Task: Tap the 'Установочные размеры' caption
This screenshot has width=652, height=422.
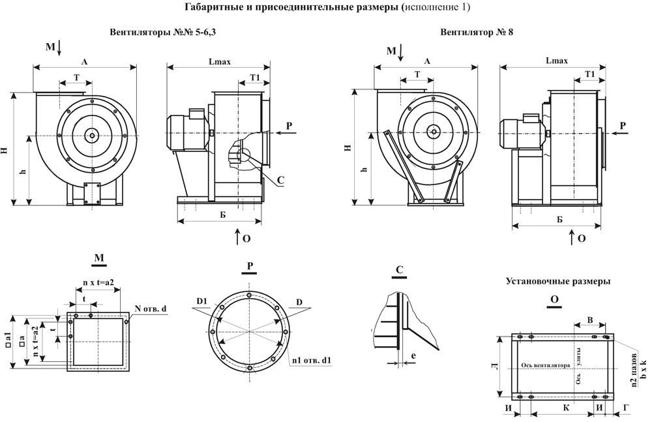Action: pyautogui.click(x=557, y=282)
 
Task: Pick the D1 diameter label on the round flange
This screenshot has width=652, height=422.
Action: pyautogui.click(x=201, y=300)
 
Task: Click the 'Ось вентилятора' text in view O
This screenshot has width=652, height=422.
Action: pyautogui.click(x=542, y=365)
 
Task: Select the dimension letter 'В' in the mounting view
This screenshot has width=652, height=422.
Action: pyautogui.click(x=590, y=320)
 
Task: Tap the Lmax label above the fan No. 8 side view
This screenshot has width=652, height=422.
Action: pyautogui.click(x=556, y=61)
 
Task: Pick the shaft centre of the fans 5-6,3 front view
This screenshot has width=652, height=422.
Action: pyautogui.click(x=92, y=136)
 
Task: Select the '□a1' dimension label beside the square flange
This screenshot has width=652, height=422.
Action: pyautogui.click(x=8, y=338)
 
